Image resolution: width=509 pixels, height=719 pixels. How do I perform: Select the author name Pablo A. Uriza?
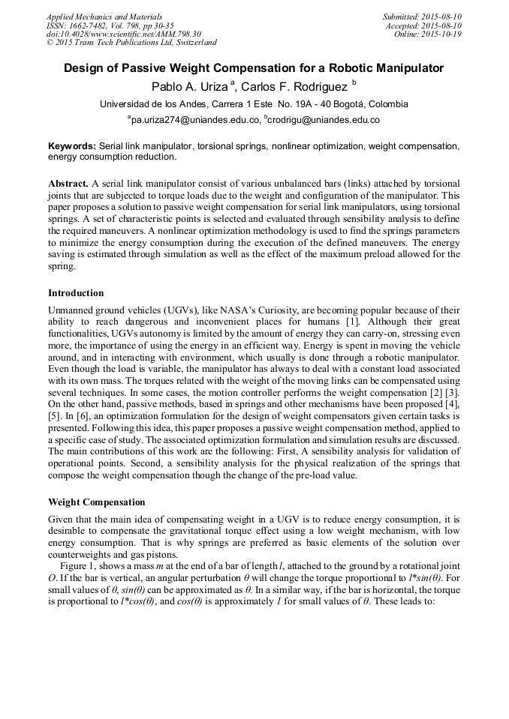[188, 86]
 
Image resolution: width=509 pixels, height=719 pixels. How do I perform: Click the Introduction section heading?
[76, 293]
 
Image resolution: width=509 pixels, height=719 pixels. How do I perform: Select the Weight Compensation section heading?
[96, 502]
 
